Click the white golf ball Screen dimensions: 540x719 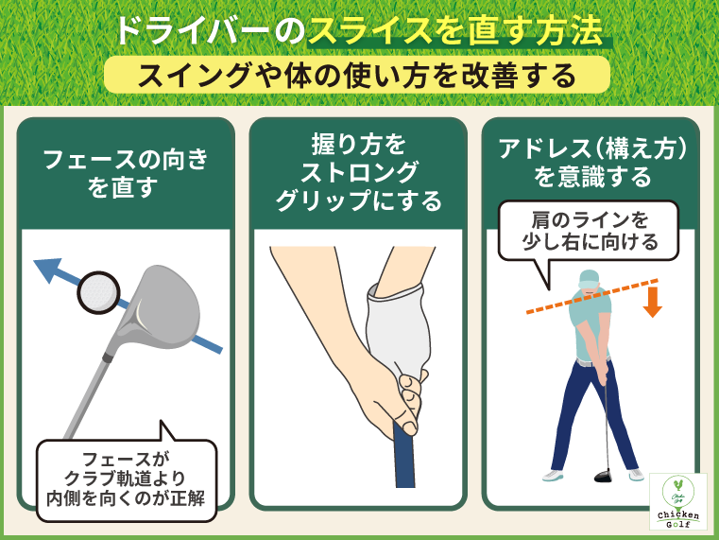pyautogui.click(x=99, y=293)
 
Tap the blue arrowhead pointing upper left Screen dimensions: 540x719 pyautogui.click(x=45, y=270)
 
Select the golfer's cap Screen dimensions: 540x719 pyautogui.click(x=588, y=277)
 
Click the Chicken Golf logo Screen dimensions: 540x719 pyautogui.click(x=677, y=501)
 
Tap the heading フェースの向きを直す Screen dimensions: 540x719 pyautogui.click(x=126, y=173)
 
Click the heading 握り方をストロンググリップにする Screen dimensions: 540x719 pyautogui.click(x=358, y=173)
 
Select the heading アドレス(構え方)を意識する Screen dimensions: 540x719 pyautogui.click(x=592, y=162)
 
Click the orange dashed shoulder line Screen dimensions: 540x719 pyautogui.click(x=548, y=303)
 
